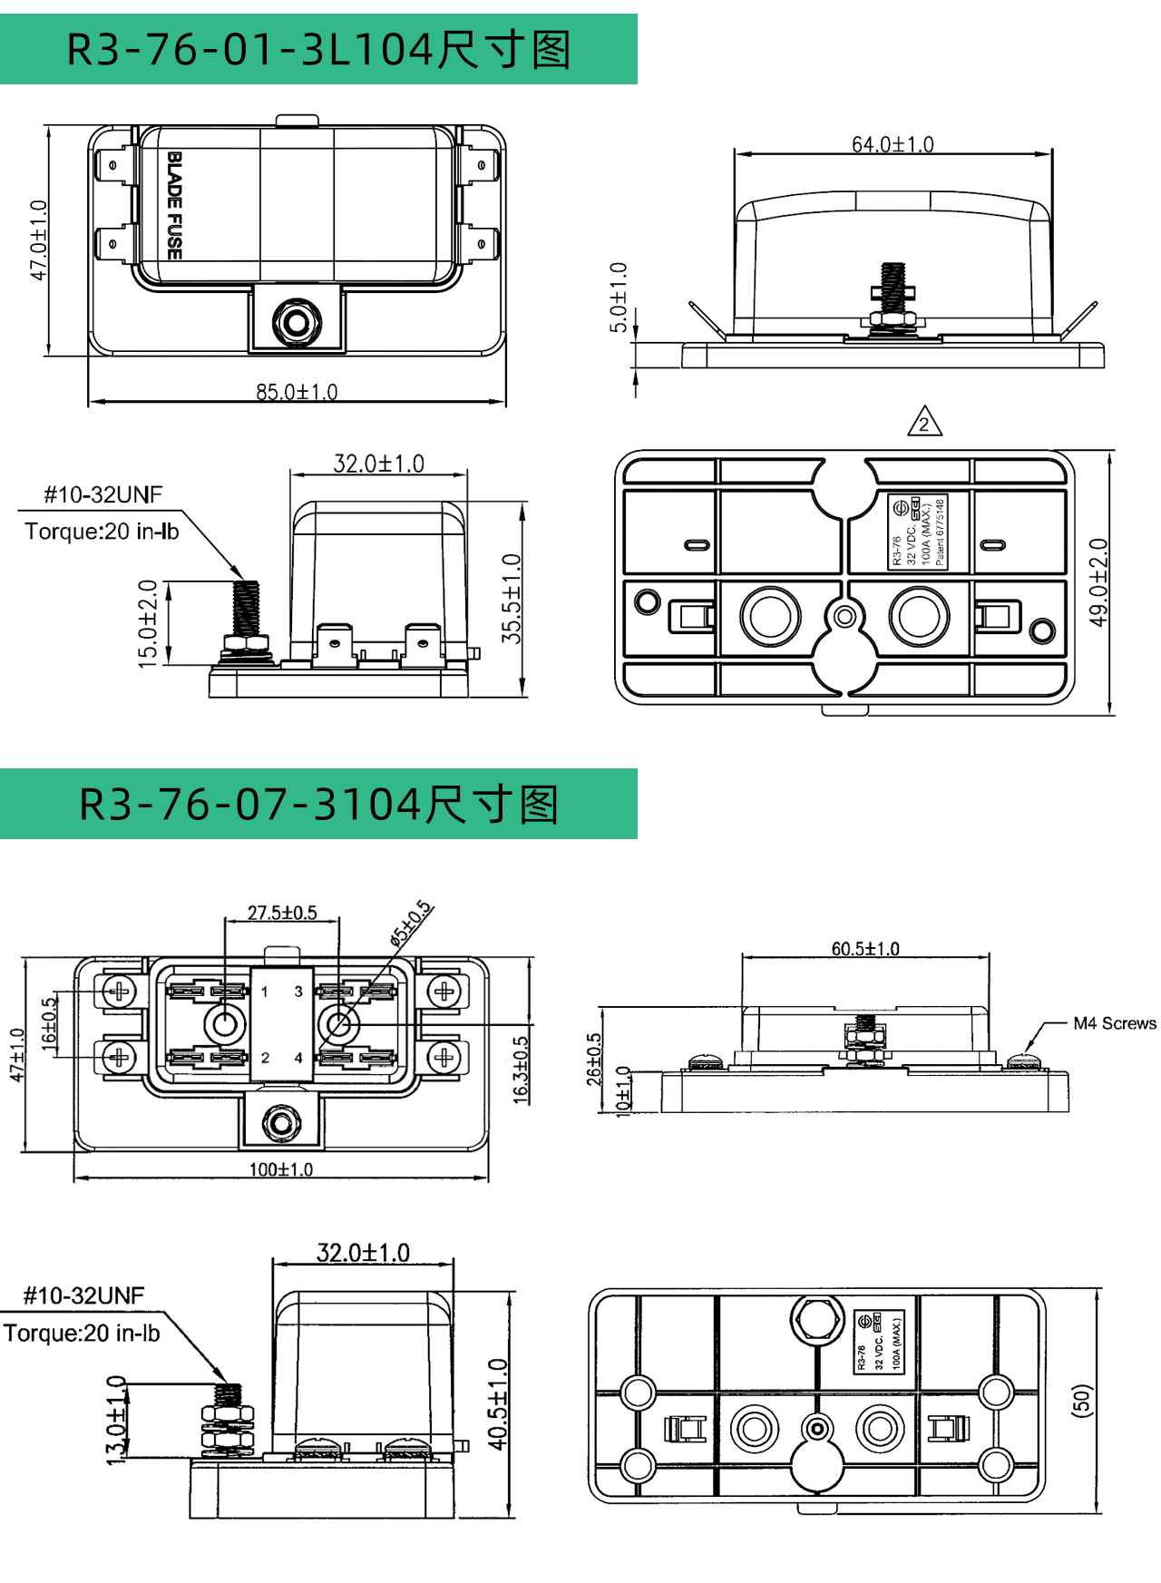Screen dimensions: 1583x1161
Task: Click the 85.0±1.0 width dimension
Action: click(297, 392)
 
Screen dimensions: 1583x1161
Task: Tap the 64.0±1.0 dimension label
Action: click(893, 144)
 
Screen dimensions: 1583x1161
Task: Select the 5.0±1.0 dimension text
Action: click(619, 298)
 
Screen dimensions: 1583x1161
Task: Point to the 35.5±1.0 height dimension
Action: click(512, 599)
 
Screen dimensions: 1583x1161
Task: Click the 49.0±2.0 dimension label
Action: click(1098, 582)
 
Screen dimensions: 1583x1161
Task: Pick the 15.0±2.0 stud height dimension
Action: click(148, 623)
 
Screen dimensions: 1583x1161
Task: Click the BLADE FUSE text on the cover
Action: click(175, 205)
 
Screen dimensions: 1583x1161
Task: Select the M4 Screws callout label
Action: click(1115, 1023)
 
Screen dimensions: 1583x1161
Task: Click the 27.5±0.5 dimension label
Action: click(282, 913)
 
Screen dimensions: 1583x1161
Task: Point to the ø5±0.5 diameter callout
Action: click(411, 923)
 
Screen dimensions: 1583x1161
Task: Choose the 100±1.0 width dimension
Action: click(281, 1169)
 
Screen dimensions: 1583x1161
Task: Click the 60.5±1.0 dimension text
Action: click(865, 949)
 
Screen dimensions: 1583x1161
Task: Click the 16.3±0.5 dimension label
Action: click(521, 1070)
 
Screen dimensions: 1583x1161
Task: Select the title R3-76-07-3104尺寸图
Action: click(318, 805)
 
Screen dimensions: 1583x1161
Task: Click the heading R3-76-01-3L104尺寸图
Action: click(318, 49)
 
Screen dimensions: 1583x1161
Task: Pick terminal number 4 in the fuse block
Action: click(298, 1058)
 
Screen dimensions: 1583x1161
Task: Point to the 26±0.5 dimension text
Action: click(594, 1060)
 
